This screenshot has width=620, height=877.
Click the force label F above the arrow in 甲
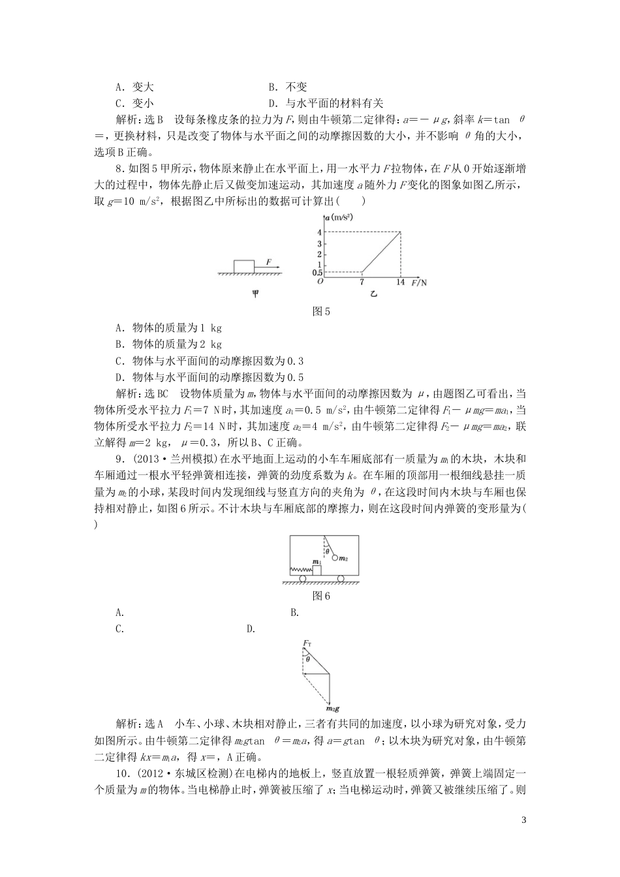point(268,261)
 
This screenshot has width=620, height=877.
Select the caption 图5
point(322,312)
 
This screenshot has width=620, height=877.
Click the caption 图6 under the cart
point(322,595)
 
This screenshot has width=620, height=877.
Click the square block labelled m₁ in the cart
point(317,570)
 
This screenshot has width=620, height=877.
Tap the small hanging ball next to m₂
point(335,558)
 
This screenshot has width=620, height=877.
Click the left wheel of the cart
point(303,578)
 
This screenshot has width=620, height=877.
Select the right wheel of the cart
point(341,578)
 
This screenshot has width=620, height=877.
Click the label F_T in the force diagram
point(307,645)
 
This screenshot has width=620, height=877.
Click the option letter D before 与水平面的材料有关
point(273,103)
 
